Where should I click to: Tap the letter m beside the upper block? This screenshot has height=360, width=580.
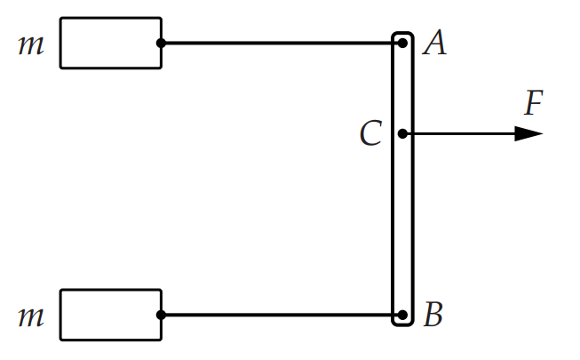coord(31,44)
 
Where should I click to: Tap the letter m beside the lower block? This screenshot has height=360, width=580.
coord(31,316)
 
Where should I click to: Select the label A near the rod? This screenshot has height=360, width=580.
coord(434,43)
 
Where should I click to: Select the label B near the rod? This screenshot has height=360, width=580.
coord(433,314)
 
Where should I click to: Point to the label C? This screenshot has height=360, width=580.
coord(370,132)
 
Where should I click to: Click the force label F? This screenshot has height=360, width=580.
coord(534,102)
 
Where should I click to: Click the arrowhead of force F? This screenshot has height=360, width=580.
coord(529,133)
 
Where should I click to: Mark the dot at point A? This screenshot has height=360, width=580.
coord(402,44)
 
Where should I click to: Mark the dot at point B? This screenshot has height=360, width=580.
coord(402,316)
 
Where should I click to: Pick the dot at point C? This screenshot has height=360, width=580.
coord(402,133)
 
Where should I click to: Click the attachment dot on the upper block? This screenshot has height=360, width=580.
coord(161,44)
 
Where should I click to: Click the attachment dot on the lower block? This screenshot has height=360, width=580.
coord(161,316)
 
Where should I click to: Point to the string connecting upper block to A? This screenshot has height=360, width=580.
coord(282,44)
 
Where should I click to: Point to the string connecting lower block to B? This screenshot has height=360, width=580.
coord(282,316)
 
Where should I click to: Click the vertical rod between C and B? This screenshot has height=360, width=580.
coord(393,224)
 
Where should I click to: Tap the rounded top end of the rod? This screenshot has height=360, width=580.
coord(402,34)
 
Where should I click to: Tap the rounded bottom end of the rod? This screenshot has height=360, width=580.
coord(402,325)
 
